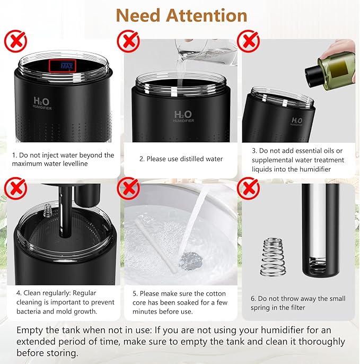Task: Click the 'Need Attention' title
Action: tap(181, 15)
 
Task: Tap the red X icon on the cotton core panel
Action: tap(128, 188)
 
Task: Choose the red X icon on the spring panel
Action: tap(248, 188)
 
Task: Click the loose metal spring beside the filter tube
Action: tap(273, 257)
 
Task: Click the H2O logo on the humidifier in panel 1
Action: tap(41, 101)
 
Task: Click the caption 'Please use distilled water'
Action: tap(181, 159)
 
